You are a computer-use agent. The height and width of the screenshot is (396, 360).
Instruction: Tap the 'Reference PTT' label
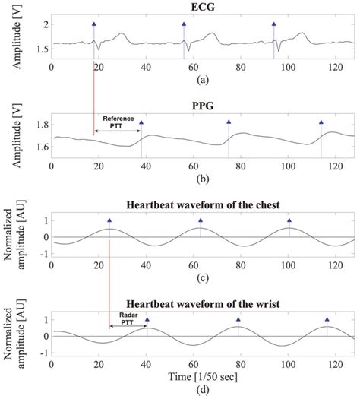(117, 122)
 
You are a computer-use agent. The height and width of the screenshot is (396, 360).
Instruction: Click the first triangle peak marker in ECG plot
(94, 24)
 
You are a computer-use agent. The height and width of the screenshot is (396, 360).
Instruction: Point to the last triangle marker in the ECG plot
(274, 24)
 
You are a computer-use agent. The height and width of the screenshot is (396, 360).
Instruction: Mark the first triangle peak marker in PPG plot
(141, 122)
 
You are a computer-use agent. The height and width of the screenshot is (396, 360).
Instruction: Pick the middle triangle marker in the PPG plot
(229, 122)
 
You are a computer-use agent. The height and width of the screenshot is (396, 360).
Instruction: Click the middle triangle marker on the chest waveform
(200, 221)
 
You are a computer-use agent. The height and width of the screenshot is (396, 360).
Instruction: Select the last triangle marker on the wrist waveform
(327, 320)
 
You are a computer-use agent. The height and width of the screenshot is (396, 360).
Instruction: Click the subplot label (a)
(202, 79)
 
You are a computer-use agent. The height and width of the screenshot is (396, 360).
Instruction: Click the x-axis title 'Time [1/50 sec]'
(202, 376)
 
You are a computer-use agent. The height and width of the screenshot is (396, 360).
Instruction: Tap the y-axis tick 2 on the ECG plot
(43, 25)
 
